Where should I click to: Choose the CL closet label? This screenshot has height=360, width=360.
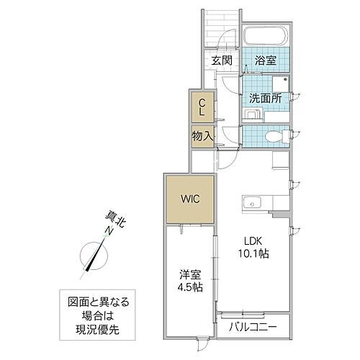(202, 107)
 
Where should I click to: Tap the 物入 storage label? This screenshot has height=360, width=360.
(202, 135)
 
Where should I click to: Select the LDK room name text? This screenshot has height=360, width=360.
(255, 242)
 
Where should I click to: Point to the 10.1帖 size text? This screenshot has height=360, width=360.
(255, 255)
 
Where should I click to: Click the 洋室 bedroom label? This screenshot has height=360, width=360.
(189, 275)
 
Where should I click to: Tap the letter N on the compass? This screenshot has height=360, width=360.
(107, 231)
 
